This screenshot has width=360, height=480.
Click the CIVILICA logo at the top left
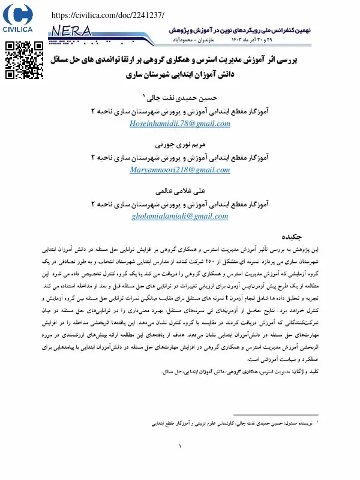pos(18,18)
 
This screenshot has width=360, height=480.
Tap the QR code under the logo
pos(25,60)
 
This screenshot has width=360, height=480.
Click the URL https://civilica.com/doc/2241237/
pos(109,14)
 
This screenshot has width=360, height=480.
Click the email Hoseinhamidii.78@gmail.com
pos(180,124)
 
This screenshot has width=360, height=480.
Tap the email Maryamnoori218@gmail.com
pos(180,170)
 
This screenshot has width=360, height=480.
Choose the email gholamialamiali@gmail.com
pos(180,216)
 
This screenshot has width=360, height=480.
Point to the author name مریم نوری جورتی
pos(181,145)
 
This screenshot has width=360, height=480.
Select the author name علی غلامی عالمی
pos(181,191)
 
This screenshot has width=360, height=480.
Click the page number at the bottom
pos(180,446)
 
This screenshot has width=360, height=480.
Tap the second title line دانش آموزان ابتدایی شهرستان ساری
pos(180,76)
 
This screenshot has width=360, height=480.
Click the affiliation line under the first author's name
pos(180,112)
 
